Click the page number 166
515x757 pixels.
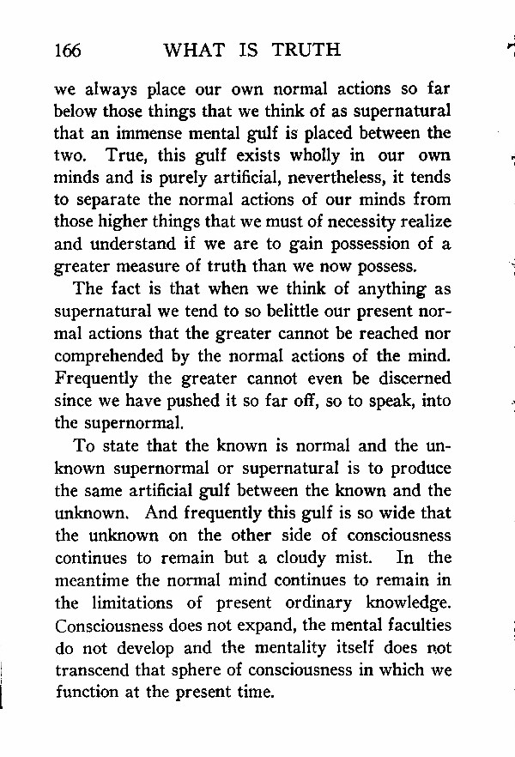[67, 50]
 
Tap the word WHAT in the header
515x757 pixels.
[195, 50]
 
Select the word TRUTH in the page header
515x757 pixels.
[306, 50]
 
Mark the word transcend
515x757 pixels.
[90, 669]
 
